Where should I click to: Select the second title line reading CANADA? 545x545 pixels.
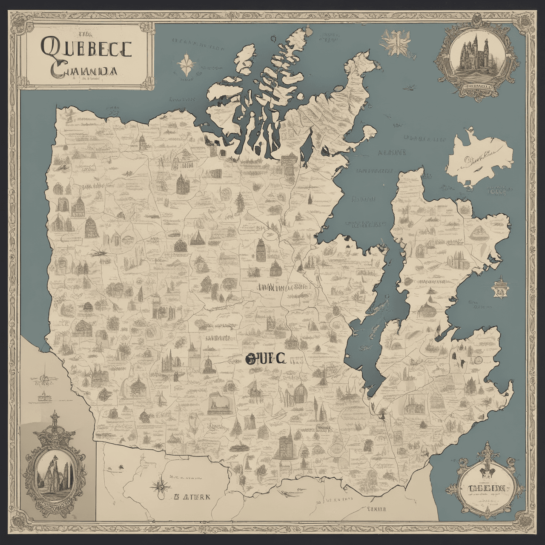tap(83, 71)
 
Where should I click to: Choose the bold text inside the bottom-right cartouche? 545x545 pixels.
tap(486, 488)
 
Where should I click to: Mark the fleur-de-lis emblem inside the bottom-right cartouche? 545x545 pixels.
tap(486, 467)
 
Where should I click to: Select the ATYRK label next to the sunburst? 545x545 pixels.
tap(192, 497)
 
